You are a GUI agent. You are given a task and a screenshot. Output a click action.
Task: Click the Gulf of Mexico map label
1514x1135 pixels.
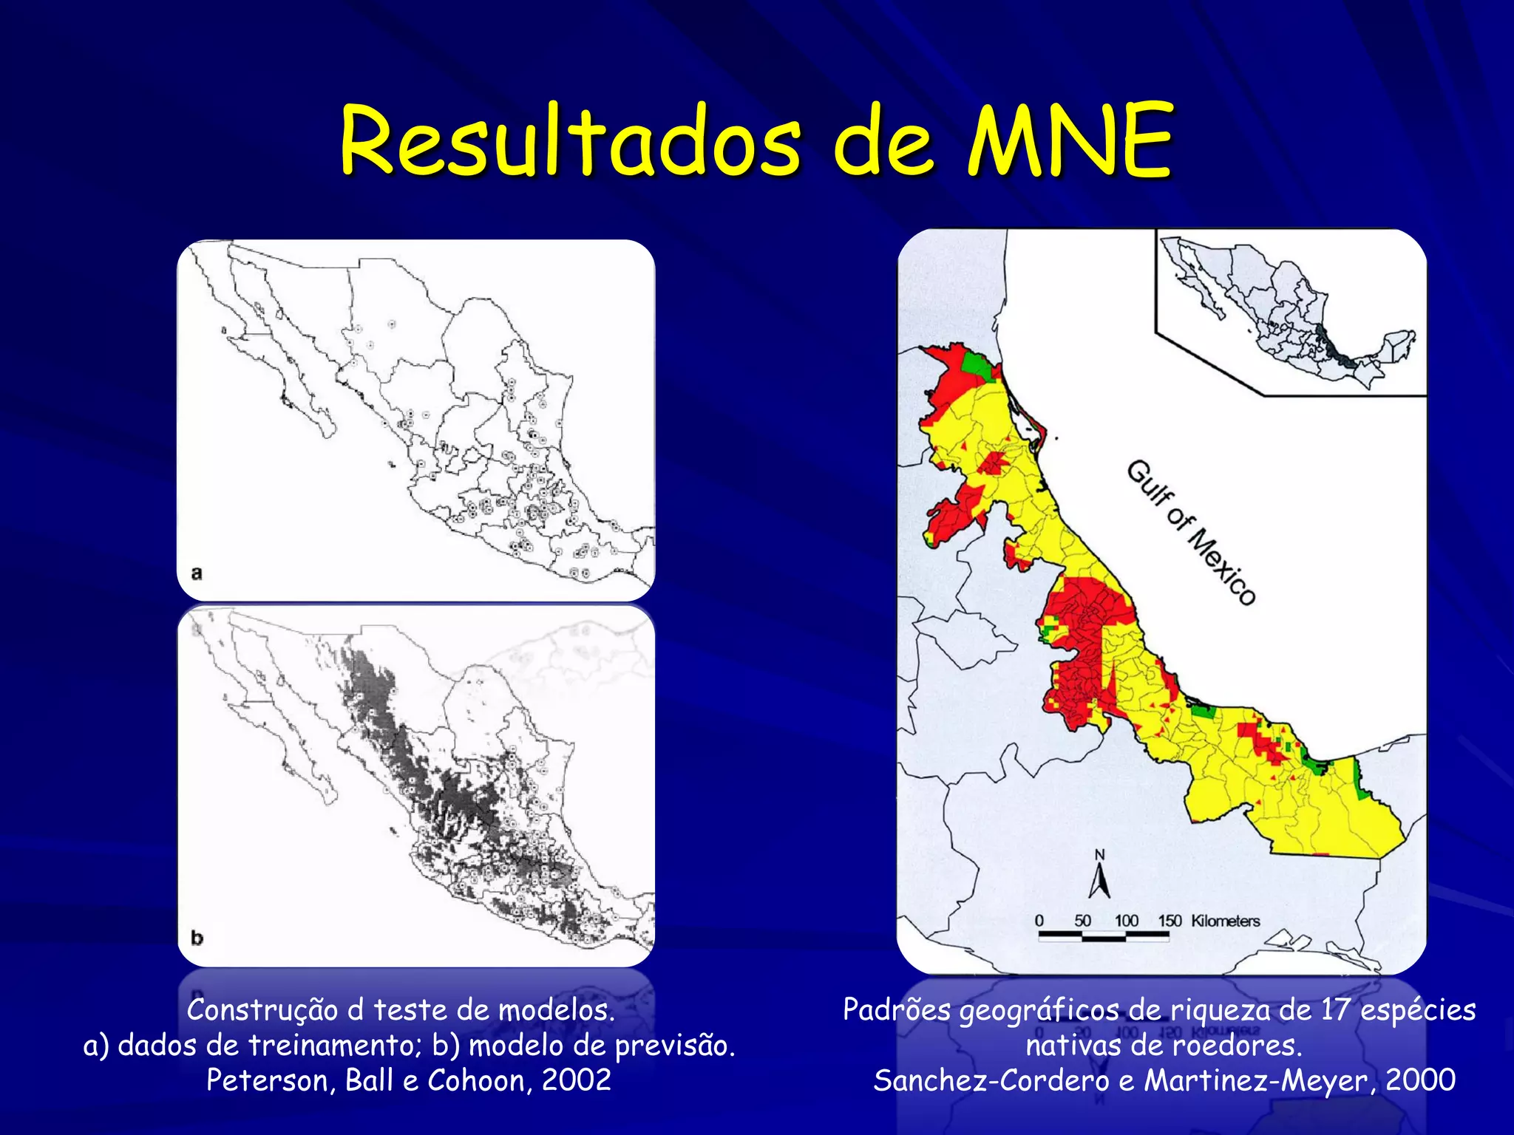[1190, 532]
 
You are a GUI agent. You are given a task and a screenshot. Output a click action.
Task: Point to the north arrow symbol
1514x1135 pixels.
[1100, 875]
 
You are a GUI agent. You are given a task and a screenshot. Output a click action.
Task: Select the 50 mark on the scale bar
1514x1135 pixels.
[1083, 921]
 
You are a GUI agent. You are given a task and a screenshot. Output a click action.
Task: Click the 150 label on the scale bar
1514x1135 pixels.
[1170, 921]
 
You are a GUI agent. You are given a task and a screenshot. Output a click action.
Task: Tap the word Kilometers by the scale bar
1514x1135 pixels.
[1225, 921]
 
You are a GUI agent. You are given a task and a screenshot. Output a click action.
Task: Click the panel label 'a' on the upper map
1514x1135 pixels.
[197, 573]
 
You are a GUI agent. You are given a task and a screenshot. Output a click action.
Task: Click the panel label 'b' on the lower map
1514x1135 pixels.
[197, 938]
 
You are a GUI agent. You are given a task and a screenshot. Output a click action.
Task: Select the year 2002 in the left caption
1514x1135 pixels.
[577, 1080]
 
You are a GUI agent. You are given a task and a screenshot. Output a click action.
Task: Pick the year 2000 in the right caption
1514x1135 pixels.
[1420, 1080]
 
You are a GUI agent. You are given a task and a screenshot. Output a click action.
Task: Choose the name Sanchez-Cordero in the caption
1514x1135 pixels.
[991, 1080]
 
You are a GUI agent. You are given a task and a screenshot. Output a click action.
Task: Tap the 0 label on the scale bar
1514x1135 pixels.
[1039, 921]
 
